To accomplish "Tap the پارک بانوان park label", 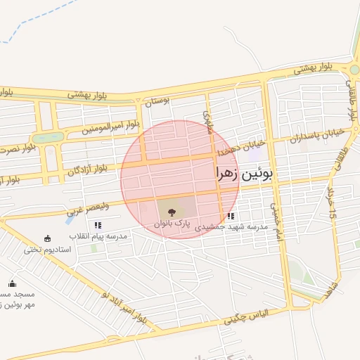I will point(173,223).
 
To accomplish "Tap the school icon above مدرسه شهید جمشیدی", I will point(231,217).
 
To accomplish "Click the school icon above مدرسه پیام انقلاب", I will point(98,226).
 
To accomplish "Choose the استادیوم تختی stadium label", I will point(48,250).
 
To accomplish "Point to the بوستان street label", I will point(157,101).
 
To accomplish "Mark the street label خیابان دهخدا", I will point(233,149).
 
